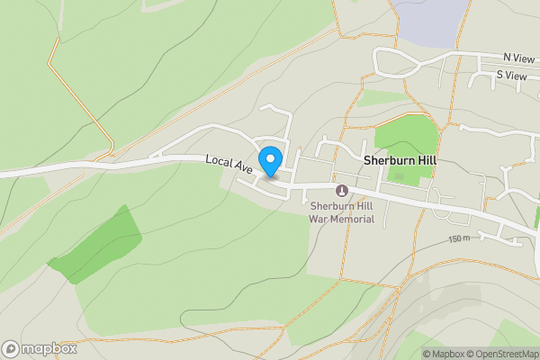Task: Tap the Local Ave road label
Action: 229,163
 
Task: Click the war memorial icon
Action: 342,190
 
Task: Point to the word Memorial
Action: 353,219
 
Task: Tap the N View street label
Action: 518,57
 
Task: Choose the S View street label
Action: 511,76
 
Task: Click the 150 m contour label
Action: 459,238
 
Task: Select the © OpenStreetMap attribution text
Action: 501,354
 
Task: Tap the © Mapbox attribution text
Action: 443,354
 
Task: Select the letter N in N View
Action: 508,57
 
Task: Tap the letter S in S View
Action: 499,76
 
